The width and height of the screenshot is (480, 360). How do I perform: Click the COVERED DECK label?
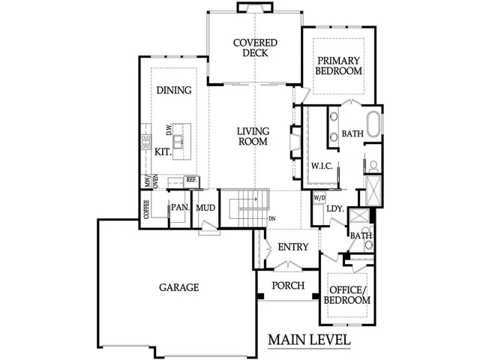[x=255, y=49]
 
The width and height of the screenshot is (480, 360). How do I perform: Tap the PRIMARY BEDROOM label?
[x=339, y=66]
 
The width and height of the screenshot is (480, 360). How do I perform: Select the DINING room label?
[x=173, y=90]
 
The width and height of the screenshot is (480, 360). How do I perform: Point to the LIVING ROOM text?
[x=253, y=136]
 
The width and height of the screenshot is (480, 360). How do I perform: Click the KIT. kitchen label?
[x=163, y=151]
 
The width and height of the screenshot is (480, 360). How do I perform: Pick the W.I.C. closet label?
[x=322, y=165]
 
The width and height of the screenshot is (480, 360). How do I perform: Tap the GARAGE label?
[x=178, y=287]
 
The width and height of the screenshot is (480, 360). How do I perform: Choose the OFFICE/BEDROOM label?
[x=346, y=294]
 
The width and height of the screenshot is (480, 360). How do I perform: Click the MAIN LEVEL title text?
[x=309, y=340]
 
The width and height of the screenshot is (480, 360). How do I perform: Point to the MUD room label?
[x=205, y=208]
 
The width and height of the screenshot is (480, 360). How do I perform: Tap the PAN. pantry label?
[x=179, y=208]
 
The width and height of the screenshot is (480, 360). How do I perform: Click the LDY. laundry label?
[x=335, y=210]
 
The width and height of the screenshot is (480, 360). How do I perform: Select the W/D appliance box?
[x=319, y=198]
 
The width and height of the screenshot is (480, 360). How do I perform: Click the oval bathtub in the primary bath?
[x=373, y=121]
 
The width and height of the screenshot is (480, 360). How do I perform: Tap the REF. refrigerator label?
[x=191, y=180]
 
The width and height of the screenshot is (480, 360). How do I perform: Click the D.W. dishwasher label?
[x=169, y=130]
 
